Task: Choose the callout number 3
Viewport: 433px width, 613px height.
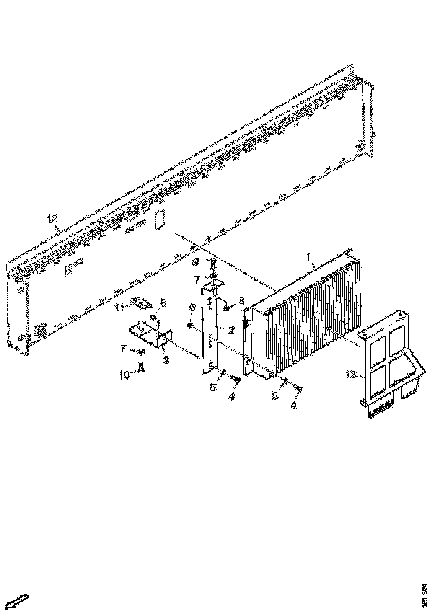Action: [x=166, y=361]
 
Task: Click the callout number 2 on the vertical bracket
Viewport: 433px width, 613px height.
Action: [x=231, y=330]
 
